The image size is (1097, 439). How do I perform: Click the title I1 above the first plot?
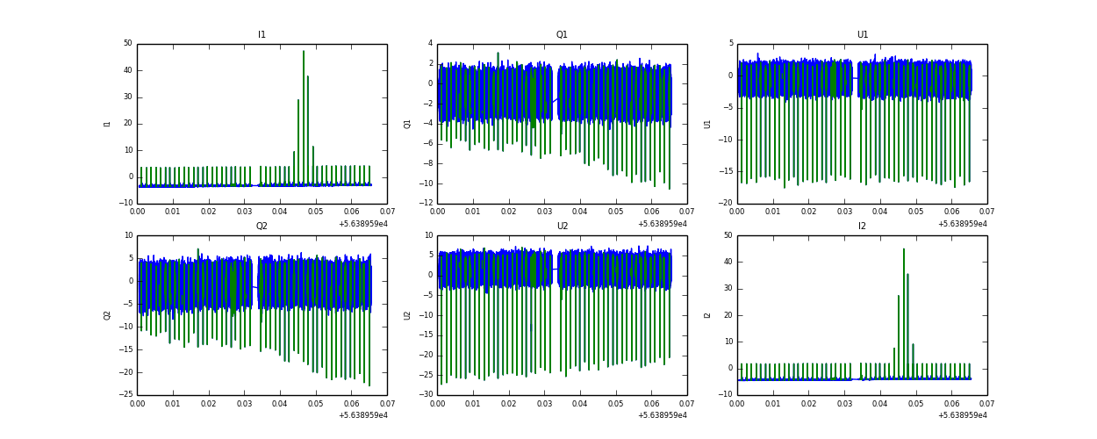pyautogui.click(x=262, y=35)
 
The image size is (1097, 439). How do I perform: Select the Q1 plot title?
pyautogui.click(x=562, y=35)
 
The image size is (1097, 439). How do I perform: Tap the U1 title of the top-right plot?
pyautogui.click(x=862, y=35)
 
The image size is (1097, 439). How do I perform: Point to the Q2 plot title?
pyautogui.click(x=262, y=226)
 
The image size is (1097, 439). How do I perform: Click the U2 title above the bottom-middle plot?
pyautogui.click(x=562, y=226)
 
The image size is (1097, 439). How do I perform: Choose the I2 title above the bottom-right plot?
pyautogui.click(x=862, y=226)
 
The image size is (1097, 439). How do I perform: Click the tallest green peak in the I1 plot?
pyautogui.click(x=304, y=51)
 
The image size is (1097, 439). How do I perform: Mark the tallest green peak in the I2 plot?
pyautogui.click(x=904, y=249)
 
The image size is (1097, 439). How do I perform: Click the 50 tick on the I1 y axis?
pyautogui.click(x=127, y=44)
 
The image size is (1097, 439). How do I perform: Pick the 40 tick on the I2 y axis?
pyautogui.click(x=728, y=262)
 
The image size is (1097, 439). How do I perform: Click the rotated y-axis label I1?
pyautogui.click(x=107, y=124)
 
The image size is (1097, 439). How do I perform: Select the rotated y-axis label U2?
pyautogui.click(x=407, y=314)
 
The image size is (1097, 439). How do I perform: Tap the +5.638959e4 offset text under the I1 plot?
pyautogui.click(x=362, y=224)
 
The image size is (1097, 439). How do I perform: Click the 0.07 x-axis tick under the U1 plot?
pyautogui.click(x=986, y=212)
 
